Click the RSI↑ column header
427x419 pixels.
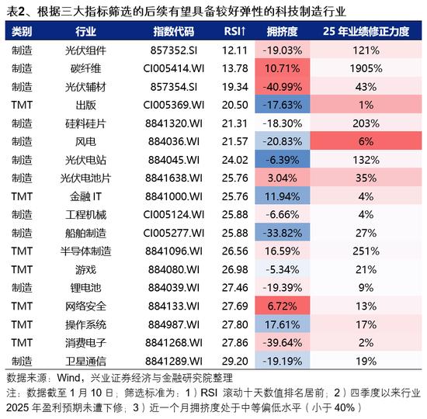coord(234,31)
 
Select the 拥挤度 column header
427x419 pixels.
coord(282,31)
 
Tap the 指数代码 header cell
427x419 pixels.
coord(174,31)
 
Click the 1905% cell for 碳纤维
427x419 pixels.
coord(366,68)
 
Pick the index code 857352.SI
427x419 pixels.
coord(174,50)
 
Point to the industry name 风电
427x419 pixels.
coord(85,141)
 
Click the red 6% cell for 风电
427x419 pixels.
coord(366,141)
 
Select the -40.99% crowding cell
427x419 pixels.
coord(283,87)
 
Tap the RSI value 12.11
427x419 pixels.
coord(234,50)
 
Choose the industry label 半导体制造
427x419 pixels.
coord(85,251)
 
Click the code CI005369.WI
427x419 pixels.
coord(174,105)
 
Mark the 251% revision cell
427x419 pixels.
coord(366,251)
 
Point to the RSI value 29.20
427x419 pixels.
coord(234,361)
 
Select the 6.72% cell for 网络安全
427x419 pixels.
coord(283,306)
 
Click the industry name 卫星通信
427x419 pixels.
coord(85,361)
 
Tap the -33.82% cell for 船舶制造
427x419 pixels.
coord(283,233)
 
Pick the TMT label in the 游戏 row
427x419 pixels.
coord(22,269)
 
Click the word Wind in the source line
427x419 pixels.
coord(69,378)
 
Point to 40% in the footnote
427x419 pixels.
coord(344,408)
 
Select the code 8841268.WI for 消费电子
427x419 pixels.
coord(174,342)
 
